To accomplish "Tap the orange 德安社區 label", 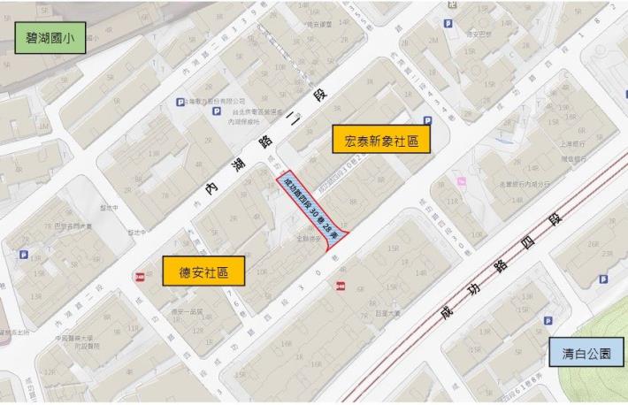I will pyautogui.click(x=203, y=271).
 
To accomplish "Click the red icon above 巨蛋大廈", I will pyautogui.click(x=341, y=285).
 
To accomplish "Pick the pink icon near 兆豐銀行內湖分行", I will pyautogui.click(x=459, y=182).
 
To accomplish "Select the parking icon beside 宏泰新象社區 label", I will pyautogui.click(x=428, y=120).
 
